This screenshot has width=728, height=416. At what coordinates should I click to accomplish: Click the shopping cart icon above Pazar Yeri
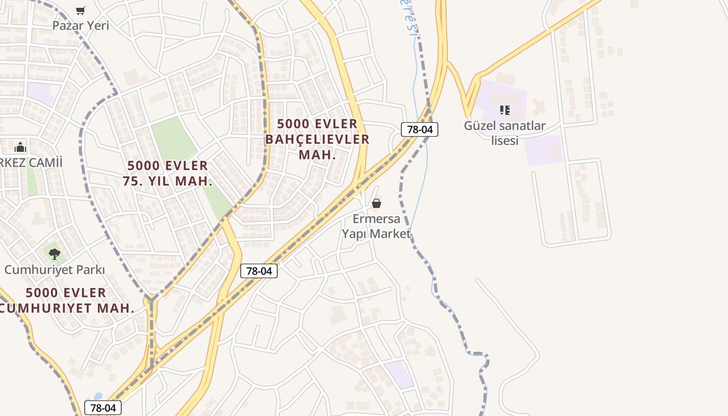[81, 10]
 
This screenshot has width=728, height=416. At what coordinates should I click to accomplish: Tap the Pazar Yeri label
[81, 25]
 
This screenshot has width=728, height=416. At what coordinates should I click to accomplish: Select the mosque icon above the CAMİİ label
[20, 147]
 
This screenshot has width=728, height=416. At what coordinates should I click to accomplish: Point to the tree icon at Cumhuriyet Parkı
[54, 254]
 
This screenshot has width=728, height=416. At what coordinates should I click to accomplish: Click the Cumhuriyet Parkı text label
[55, 270]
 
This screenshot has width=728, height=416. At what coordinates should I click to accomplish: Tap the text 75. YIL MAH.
[167, 181]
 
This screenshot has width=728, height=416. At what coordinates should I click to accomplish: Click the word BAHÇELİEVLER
[317, 139]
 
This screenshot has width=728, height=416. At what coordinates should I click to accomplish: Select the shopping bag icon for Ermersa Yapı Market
[376, 203]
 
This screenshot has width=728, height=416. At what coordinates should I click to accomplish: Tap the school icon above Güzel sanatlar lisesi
[504, 110]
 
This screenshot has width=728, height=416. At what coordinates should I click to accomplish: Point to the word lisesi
[504, 140]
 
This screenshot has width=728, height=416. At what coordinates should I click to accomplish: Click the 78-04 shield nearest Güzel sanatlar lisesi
[419, 129]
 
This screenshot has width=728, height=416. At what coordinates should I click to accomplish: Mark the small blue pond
[96, 398]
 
